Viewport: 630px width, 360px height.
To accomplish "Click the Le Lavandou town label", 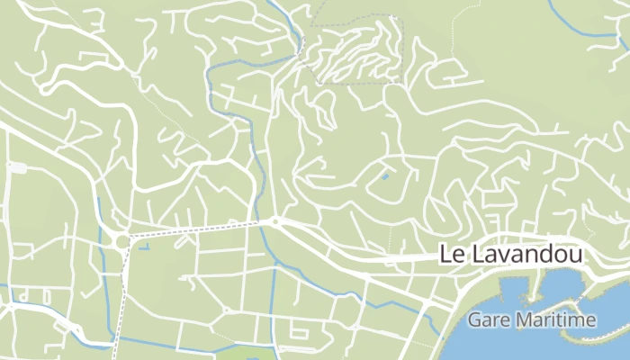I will (510, 255).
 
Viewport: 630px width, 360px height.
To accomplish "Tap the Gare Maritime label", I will (532, 319).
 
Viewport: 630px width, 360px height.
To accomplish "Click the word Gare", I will (486, 319).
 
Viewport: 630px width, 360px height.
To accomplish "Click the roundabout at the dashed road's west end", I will (121, 239).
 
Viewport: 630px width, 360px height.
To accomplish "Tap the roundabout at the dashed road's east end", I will (276, 221).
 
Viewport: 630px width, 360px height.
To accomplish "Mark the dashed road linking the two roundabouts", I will (198, 229).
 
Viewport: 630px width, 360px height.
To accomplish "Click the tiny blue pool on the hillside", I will (385, 175).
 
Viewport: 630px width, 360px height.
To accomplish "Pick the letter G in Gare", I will (474, 319).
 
